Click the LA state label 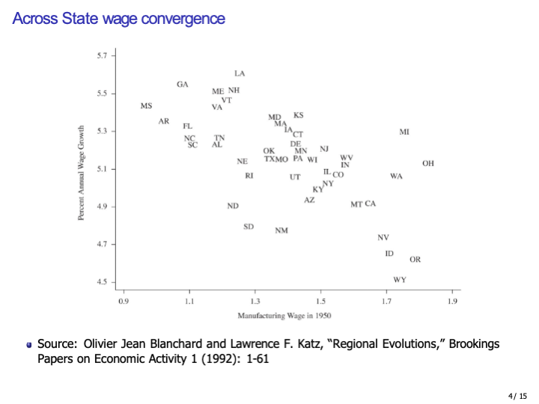(x=240, y=73)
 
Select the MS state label (x=146, y=106)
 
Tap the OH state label (x=428, y=163)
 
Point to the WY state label (x=400, y=280)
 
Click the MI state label (x=404, y=132)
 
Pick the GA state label (x=183, y=85)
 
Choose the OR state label (x=415, y=260)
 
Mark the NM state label (x=281, y=230)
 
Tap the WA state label (x=396, y=177)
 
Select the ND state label (x=234, y=206)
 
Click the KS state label (x=299, y=115)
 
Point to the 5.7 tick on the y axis (x=103, y=56)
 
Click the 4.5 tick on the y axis (x=103, y=282)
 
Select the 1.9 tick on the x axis (x=452, y=301)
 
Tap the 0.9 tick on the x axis (x=124, y=301)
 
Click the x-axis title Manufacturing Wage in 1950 (x=284, y=316)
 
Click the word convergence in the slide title (x=183, y=18)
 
